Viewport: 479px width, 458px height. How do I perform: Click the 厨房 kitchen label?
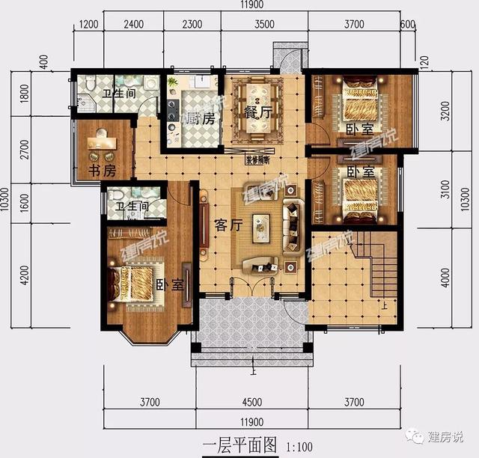[x=202, y=118]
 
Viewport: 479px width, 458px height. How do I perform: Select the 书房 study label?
[x=102, y=171]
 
